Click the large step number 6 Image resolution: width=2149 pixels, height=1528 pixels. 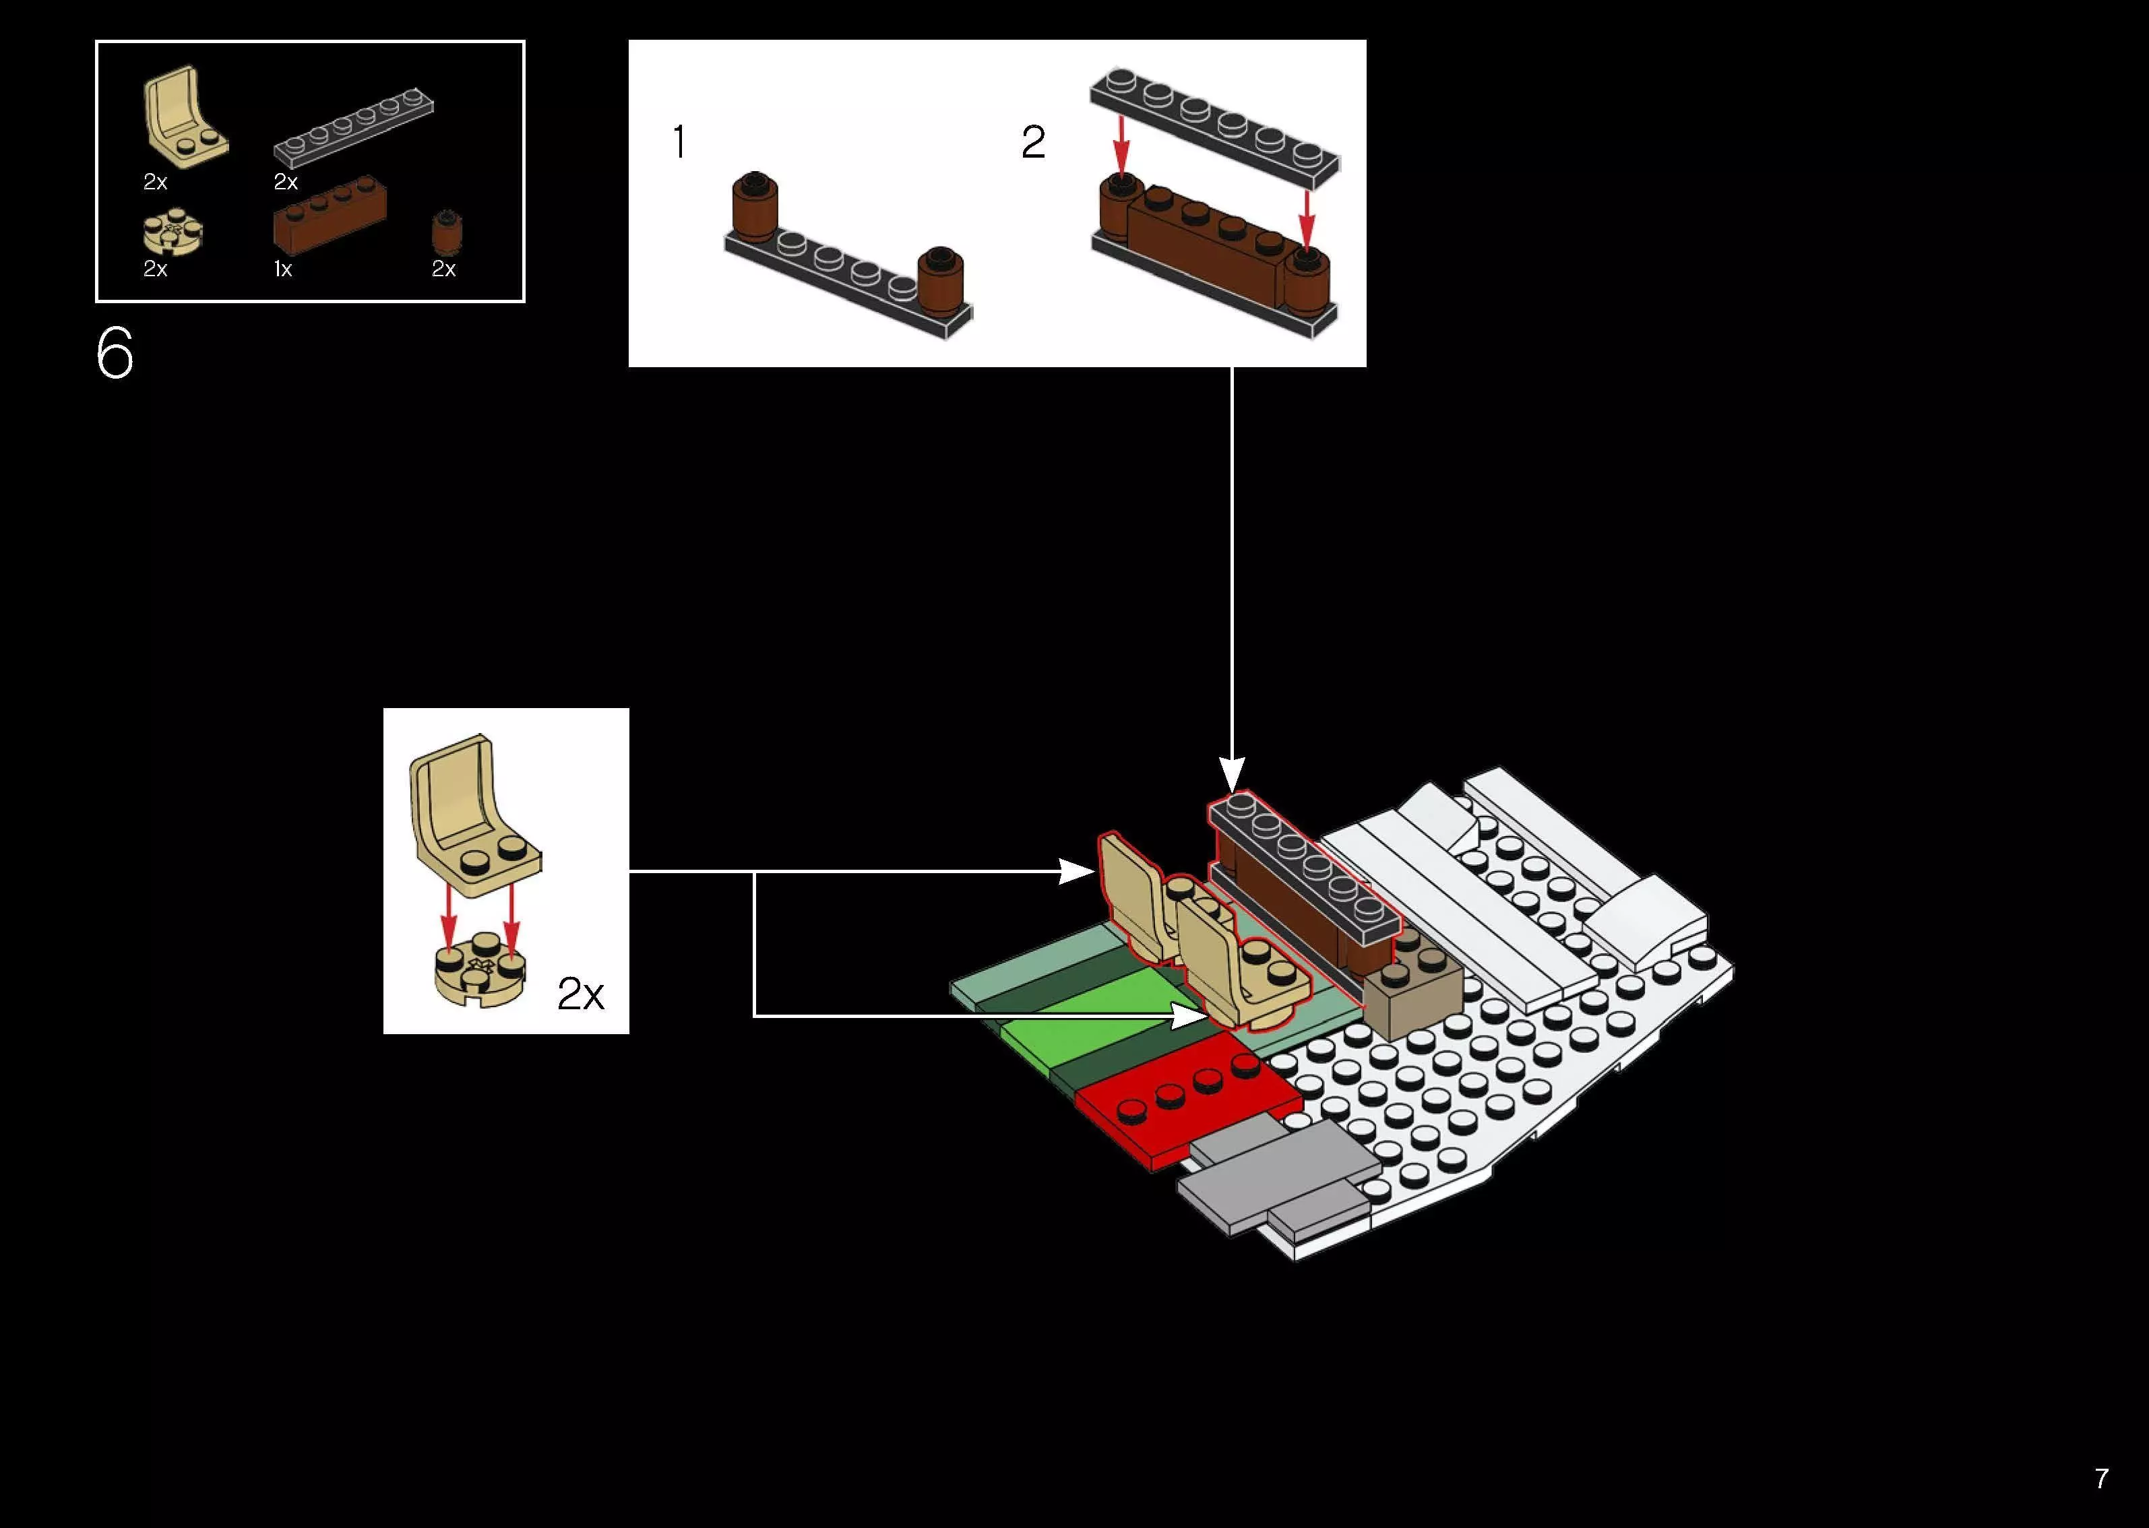pyautogui.click(x=115, y=354)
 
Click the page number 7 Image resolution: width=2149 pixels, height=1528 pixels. pyautogui.click(x=2101, y=1478)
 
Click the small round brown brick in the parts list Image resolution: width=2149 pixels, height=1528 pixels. pyautogui.click(x=447, y=232)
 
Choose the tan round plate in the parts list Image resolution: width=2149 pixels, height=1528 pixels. pyautogui.click(x=173, y=233)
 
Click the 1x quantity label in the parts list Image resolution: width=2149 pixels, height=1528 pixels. pyautogui.click(x=283, y=269)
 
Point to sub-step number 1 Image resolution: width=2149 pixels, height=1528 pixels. pyautogui.click(x=679, y=143)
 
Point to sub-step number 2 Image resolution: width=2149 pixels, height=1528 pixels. pyautogui.click(x=1032, y=143)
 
